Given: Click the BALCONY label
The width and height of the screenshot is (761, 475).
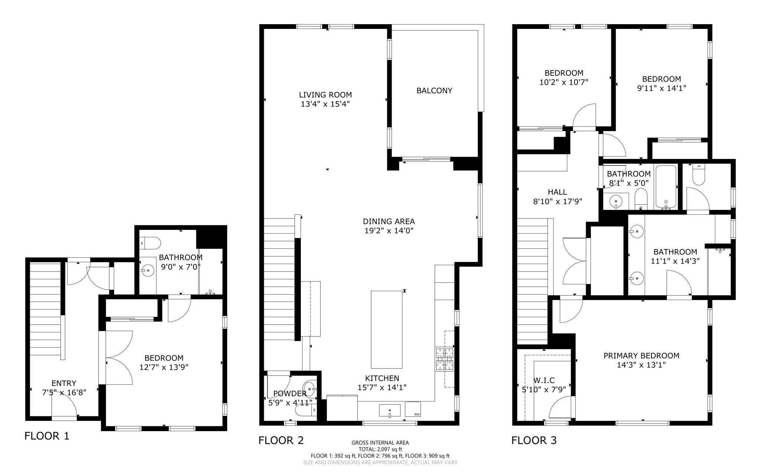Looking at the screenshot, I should click(434, 91).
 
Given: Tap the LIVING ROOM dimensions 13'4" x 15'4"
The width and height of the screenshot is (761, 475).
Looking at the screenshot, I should click(325, 104).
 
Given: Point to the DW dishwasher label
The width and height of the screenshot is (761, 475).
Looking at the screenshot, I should click(417, 414).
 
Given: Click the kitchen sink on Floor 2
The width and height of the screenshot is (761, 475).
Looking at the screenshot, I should click(389, 411).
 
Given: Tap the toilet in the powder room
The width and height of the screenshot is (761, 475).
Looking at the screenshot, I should click(304, 410).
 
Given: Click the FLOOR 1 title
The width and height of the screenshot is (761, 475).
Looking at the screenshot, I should click(47, 436).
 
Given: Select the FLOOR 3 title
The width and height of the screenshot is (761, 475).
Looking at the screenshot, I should click(534, 440).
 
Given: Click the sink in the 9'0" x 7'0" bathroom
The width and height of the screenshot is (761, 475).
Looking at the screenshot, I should click(148, 271).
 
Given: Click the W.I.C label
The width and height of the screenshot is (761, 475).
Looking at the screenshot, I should click(544, 380).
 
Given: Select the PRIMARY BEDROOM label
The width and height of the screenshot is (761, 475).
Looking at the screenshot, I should click(641, 356).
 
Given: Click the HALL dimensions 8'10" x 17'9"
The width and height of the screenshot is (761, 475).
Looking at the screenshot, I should click(557, 202).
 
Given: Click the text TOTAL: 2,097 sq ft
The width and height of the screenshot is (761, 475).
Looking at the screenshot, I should click(380, 449).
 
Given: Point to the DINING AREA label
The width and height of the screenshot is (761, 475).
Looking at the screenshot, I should click(389, 221).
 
